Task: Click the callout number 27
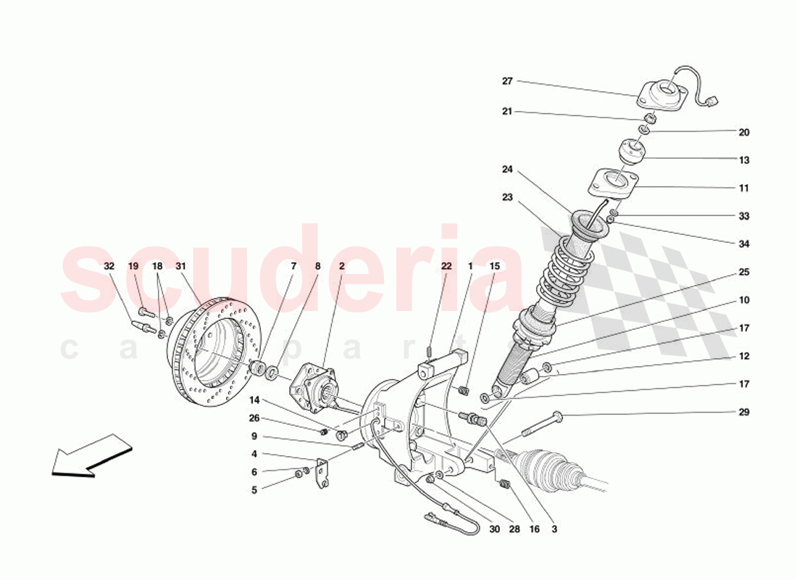pyautogui.click(x=507, y=81)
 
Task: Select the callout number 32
pyautogui.click(x=109, y=266)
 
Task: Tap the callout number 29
pyautogui.click(x=744, y=413)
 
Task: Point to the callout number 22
pyautogui.click(x=446, y=266)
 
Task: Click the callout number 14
pyautogui.click(x=254, y=399)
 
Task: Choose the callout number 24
pyautogui.click(x=507, y=170)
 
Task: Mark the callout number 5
pyautogui.click(x=254, y=489)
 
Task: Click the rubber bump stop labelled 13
pyautogui.click(x=632, y=154)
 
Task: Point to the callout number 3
pyautogui.click(x=554, y=529)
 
